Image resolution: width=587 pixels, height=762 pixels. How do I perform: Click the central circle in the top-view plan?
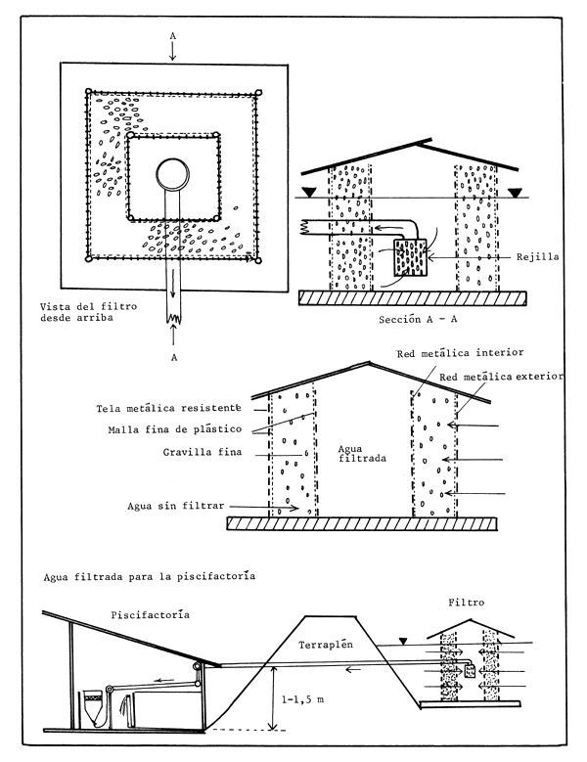174,177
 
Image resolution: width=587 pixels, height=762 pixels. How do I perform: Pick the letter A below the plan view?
173,357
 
